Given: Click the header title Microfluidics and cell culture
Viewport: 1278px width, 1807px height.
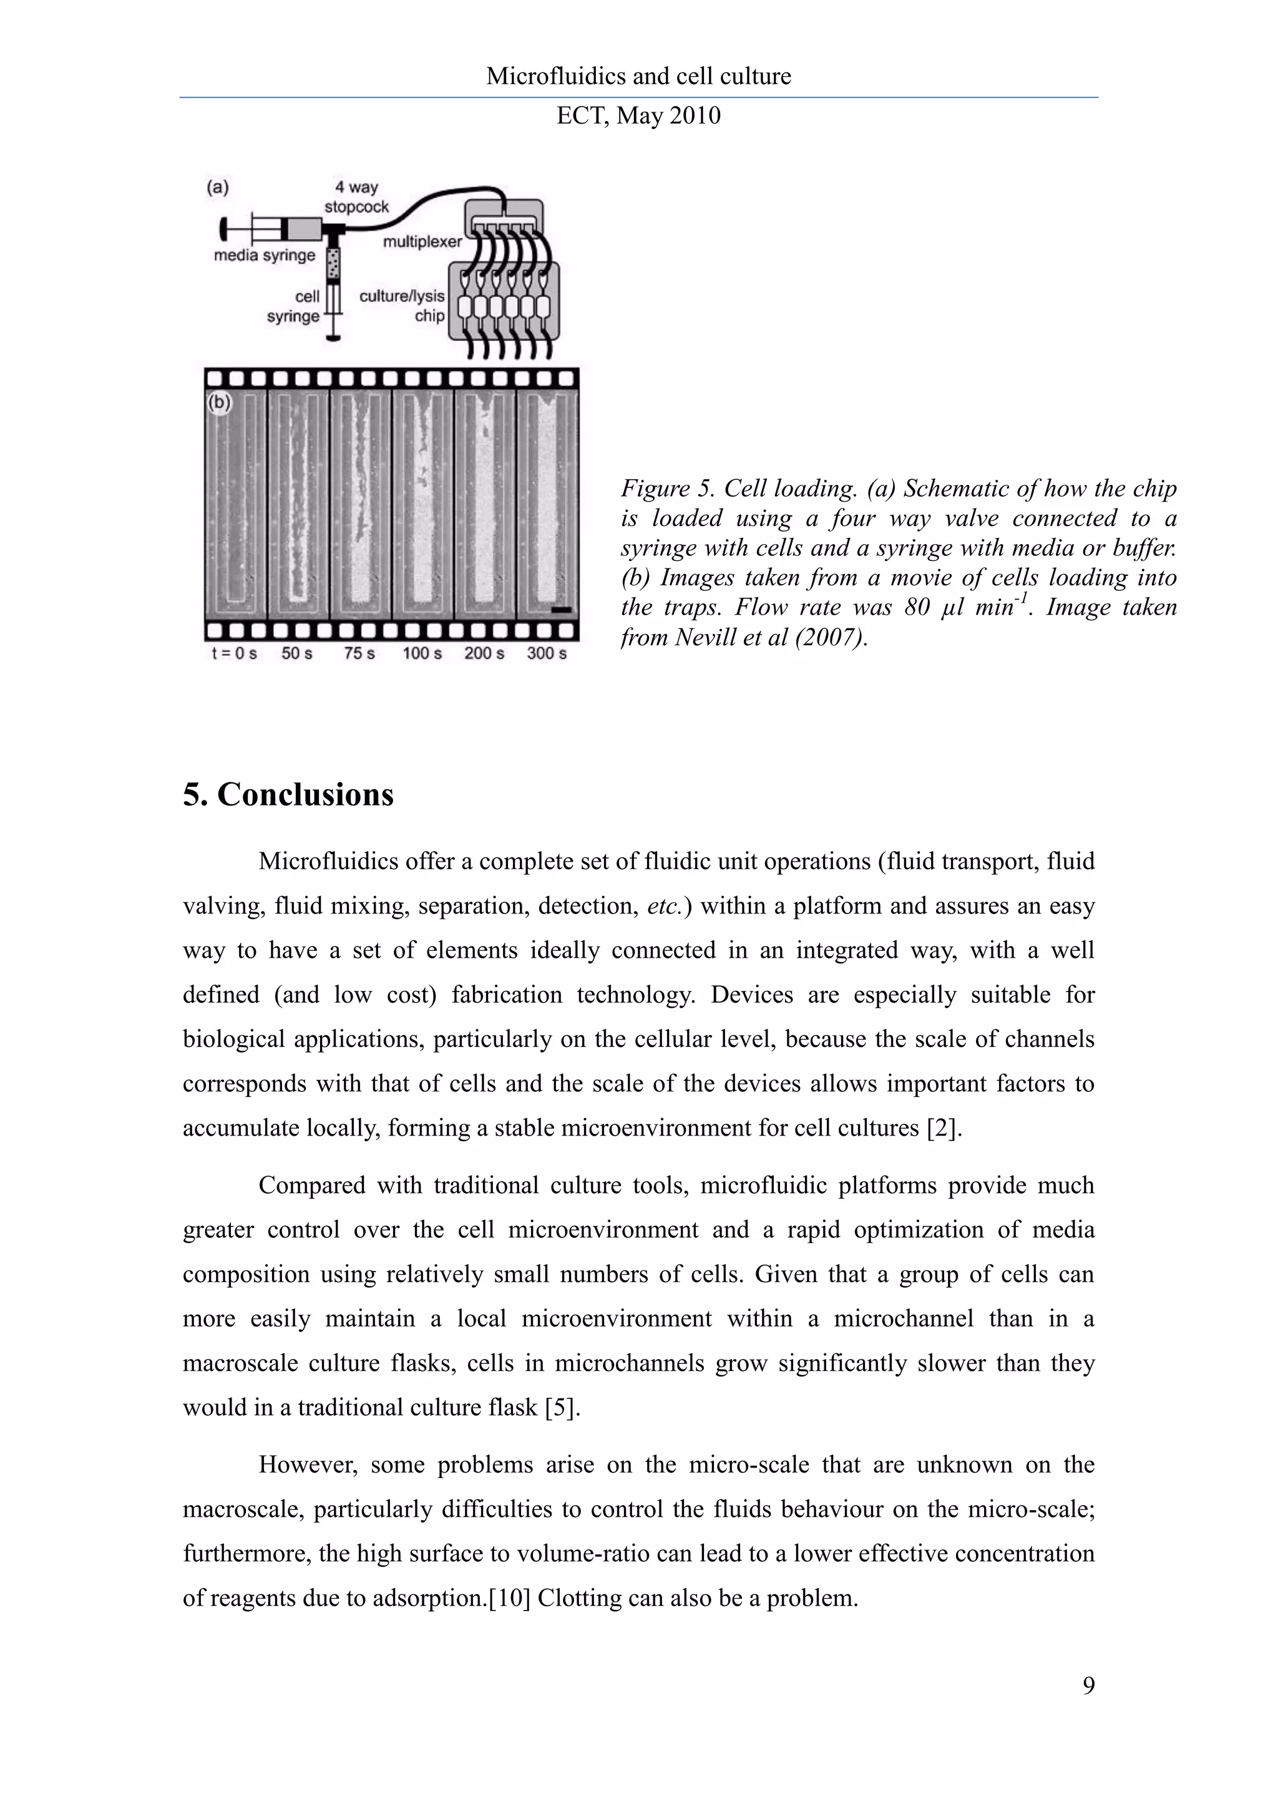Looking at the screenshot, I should coord(638,76).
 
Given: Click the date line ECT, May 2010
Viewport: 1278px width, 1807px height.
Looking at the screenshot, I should coord(638,115).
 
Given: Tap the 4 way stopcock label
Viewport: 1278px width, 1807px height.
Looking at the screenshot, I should coord(356,197).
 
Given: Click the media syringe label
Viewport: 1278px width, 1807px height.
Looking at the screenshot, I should coord(265,255).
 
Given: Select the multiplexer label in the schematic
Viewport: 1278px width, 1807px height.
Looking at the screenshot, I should coord(422,241).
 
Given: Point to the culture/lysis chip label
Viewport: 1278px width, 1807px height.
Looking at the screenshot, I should coord(402,305).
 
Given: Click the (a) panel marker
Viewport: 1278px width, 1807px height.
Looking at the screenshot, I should coord(218,187).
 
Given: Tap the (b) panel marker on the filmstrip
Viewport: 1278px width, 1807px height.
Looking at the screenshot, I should coord(219,403).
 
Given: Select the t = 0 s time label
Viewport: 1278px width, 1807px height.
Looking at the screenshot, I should coord(235,653).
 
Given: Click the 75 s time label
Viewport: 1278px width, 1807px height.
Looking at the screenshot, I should coord(359,653).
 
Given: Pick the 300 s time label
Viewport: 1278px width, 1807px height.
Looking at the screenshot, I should coord(547,653).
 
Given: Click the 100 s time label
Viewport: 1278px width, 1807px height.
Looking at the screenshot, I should coord(422,653).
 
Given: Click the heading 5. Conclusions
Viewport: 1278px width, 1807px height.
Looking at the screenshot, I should coord(288,794).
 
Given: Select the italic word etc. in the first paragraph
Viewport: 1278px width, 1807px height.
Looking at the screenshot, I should coord(663,907).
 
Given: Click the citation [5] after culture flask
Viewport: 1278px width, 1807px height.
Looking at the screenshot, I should coord(563,1407).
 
